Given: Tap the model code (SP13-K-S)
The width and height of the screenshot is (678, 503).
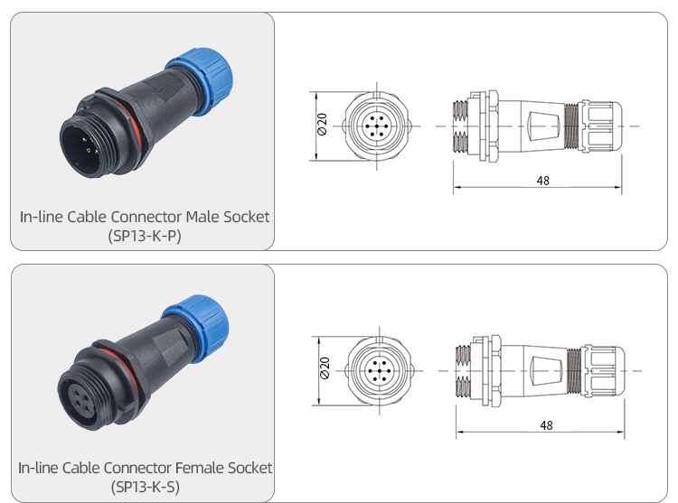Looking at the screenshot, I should [x=145, y=487].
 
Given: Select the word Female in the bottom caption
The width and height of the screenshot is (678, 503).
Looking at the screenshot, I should [x=202, y=468].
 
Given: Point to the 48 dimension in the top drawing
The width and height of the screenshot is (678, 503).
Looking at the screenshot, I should [x=542, y=181].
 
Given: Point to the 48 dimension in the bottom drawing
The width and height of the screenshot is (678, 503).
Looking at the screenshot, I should [x=545, y=425].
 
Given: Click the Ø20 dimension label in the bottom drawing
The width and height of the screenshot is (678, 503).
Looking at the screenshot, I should [x=325, y=370].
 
